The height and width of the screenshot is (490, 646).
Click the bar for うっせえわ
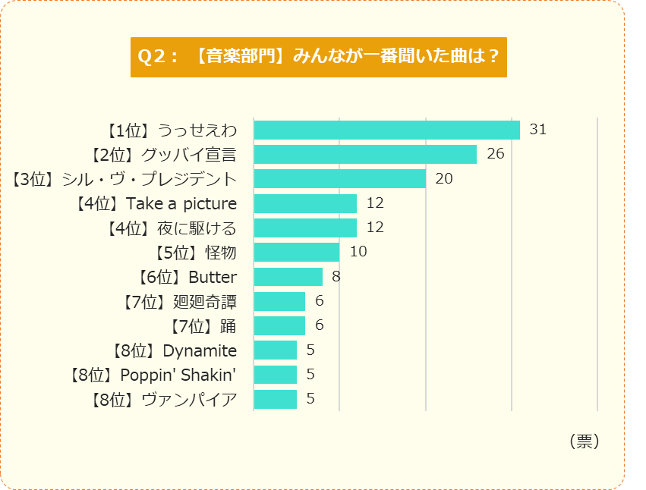[x=386, y=130]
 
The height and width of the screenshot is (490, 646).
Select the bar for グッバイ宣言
[x=365, y=155]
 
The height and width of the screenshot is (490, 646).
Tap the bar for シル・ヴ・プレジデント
[x=339, y=179]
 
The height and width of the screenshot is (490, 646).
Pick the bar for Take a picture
[x=305, y=203]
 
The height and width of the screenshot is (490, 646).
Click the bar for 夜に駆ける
[x=305, y=228]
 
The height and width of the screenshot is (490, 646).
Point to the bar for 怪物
[x=296, y=252]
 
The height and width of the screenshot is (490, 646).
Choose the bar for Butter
[x=288, y=277]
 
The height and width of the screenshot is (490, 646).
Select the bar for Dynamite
[x=275, y=350]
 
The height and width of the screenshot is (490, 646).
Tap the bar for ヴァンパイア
[x=275, y=399]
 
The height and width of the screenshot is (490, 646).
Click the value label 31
[x=537, y=130]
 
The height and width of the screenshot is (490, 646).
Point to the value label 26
[x=495, y=155]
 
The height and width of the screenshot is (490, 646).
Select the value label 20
[x=443, y=179]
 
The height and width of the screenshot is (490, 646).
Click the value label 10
[x=358, y=252]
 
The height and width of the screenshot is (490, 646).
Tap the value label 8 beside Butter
[x=336, y=277]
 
